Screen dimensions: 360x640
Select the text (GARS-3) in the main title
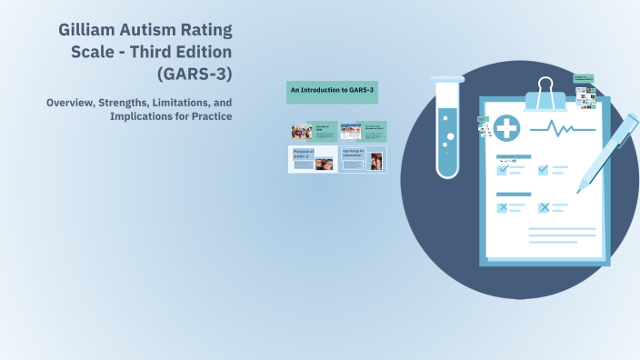pyautogui.click(x=195, y=73)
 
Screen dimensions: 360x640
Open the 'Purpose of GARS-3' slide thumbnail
pyautogui.click(x=312, y=159)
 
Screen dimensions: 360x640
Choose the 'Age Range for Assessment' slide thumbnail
pyautogui.click(x=363, y=159)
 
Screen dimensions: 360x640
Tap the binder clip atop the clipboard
pyautogui.click(x=545, y=92)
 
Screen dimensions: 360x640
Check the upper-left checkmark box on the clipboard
pyautogui.click(x=502, y=169)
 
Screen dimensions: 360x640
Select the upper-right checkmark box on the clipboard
pyautogui.click(x=543, y=169)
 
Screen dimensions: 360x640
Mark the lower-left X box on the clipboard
pyautogui.click(x=502, y=207)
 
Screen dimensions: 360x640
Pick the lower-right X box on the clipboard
pyautogui.click(x=543, y=207)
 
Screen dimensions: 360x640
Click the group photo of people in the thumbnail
pyautogui.click(x=301, y=130)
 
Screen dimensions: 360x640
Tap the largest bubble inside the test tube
pyautogui.click(x=451, y=137)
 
